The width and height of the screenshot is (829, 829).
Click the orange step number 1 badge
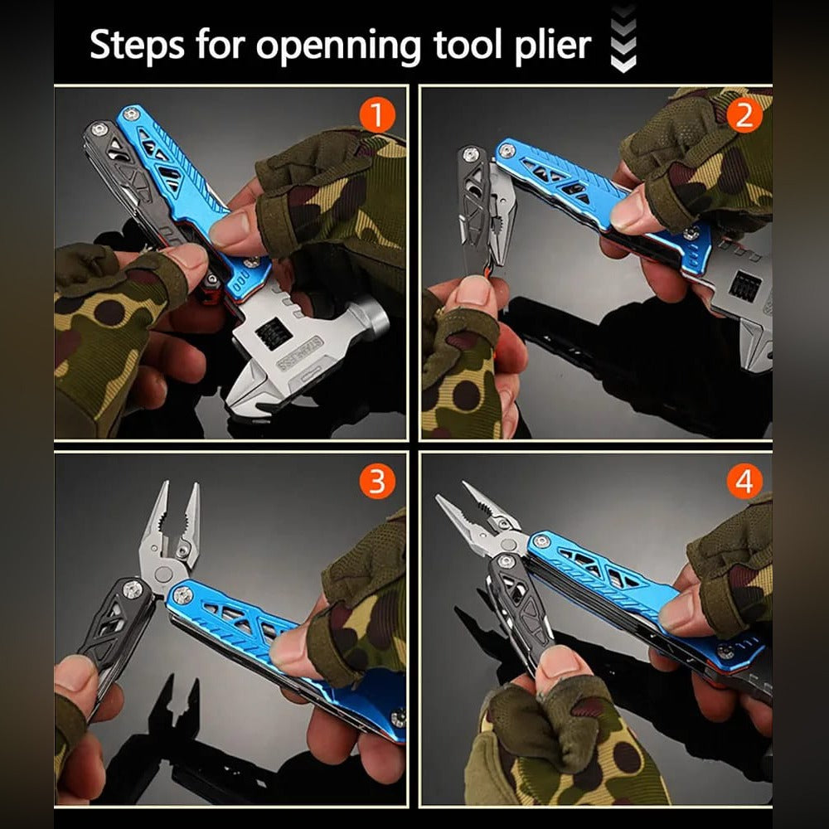point(378,116)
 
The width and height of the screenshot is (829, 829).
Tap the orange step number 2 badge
point(744,116)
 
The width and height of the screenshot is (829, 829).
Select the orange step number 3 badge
point(378,482)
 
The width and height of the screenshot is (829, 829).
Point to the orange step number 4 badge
point(744,482)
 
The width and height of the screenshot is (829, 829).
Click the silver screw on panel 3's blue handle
point(182,594)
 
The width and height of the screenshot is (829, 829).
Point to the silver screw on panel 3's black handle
point(132,589)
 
